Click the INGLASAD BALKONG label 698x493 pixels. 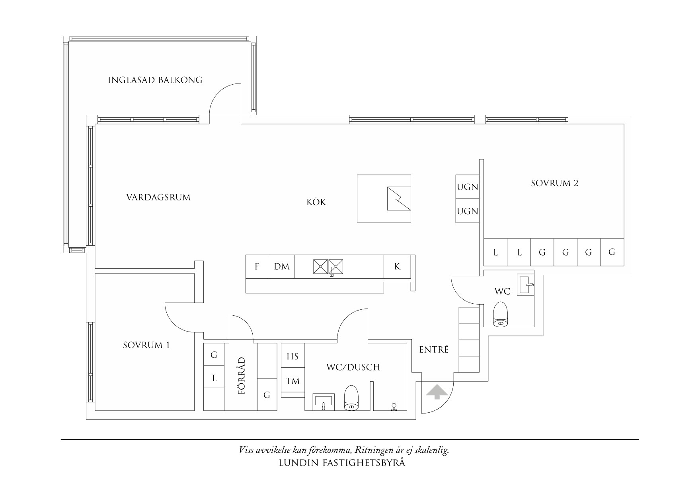click(x=155, y=80)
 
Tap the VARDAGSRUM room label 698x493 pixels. click(x=158, y=197)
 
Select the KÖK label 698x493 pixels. click(x=316, y=202)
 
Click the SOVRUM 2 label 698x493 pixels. click(x=555, y=183)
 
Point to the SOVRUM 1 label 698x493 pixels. click(x=146, y=345)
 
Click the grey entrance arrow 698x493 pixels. click(x=436, y=392)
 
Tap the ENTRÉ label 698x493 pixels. click(x=434, y=349)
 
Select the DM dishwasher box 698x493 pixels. click(x=282, y=266)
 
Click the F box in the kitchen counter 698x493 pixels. click(x=257, y=266)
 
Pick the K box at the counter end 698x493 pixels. click(x=397, y=266)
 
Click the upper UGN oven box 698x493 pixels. click(x=467, y=187)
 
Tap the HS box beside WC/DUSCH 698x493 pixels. click(x=293, y=356)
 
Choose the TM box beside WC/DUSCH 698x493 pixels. click(x=293, y=380)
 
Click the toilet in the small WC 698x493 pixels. click(x=501, y=314)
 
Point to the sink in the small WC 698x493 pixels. click(x=526, y=285)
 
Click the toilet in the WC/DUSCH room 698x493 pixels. click(x=351, y=398)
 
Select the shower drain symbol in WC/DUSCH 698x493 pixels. click(x=394, y=407)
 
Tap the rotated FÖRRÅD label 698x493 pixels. click(x=241, y=376)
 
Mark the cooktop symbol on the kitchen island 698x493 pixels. click(x=399, y=198)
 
